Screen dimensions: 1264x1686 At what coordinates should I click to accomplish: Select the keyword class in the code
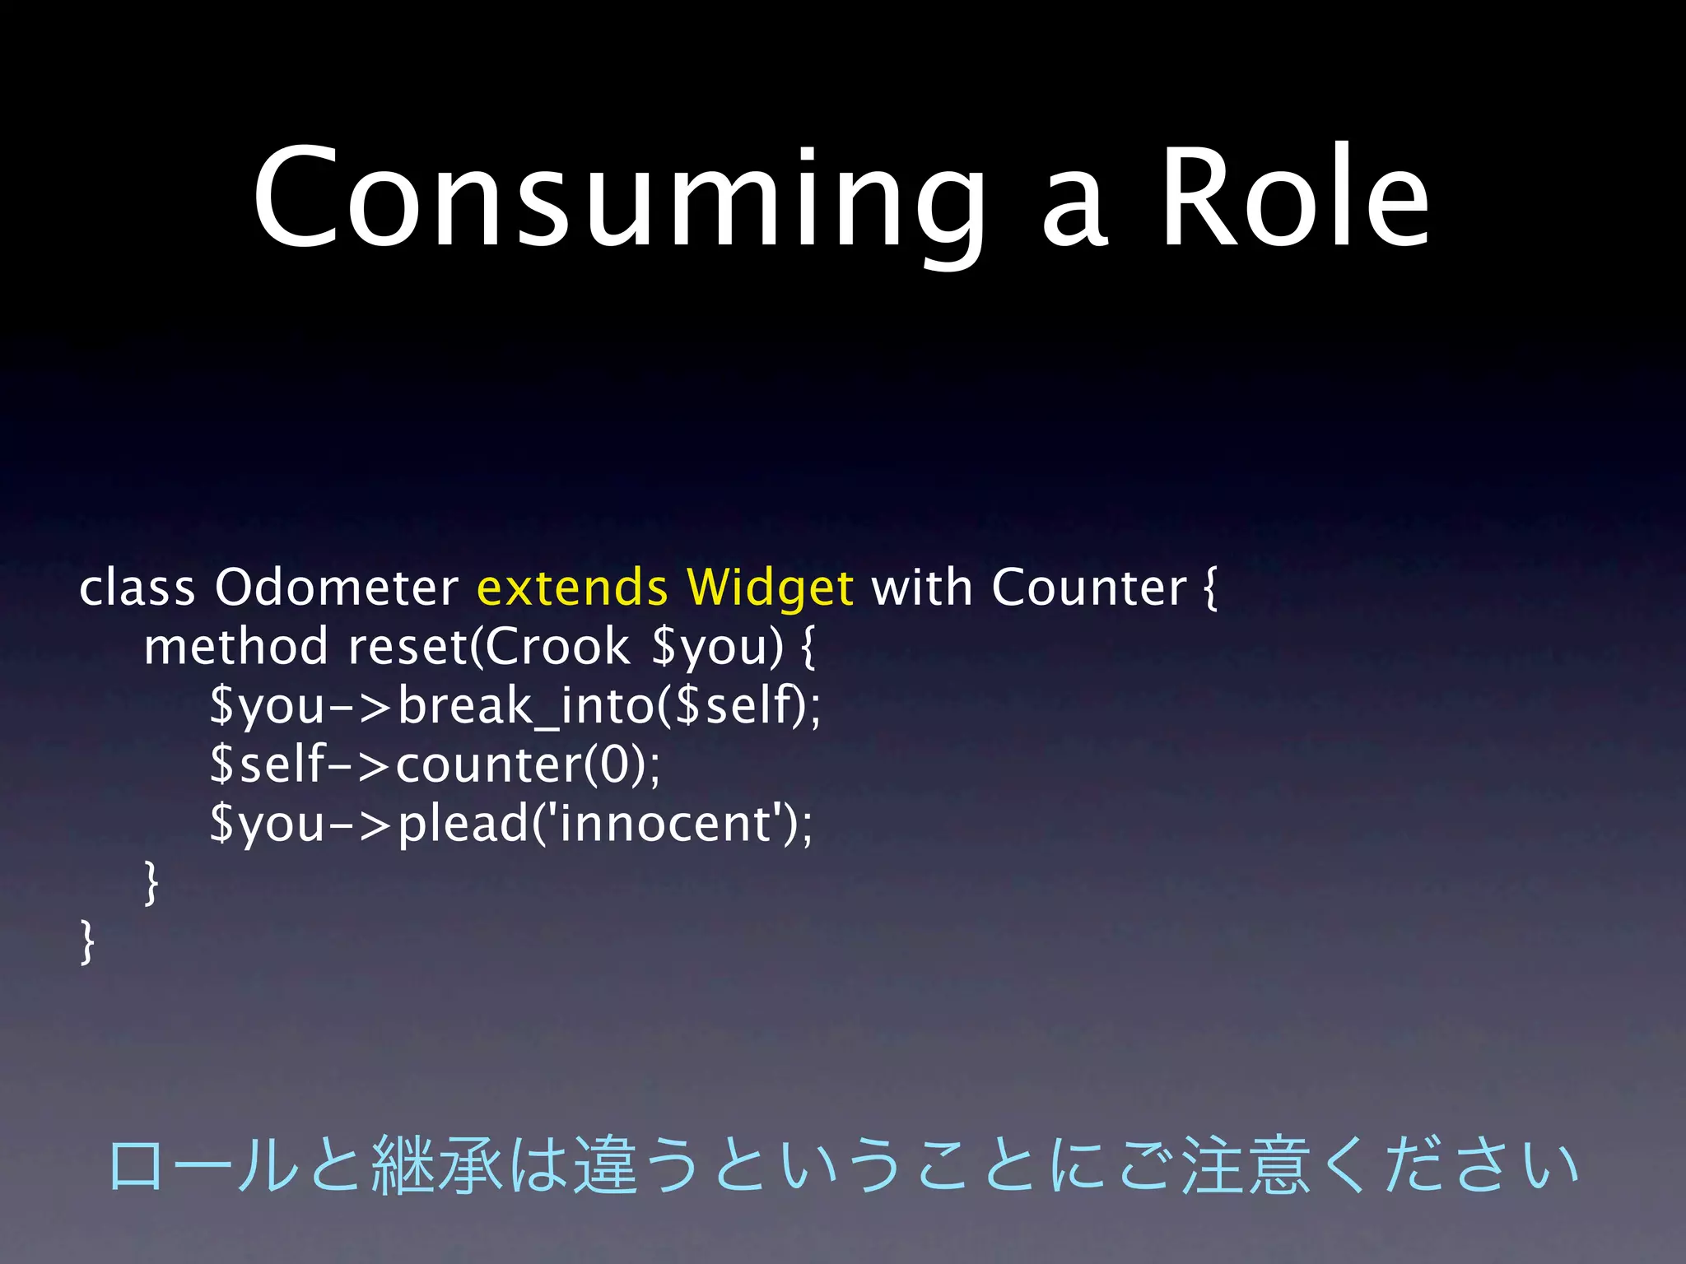(x=137, y=588)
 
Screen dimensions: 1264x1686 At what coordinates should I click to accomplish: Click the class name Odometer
(x=336, y=588)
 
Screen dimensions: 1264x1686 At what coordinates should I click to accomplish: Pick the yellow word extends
(x=572, y=588)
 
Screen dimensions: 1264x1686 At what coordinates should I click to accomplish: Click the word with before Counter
(x=921, y=588)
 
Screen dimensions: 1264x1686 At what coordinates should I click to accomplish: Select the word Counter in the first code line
(x=1088, y=588)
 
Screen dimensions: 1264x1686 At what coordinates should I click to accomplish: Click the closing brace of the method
(x=151, y=882)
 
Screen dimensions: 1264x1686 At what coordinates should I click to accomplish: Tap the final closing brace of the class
(x=86, y=941)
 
